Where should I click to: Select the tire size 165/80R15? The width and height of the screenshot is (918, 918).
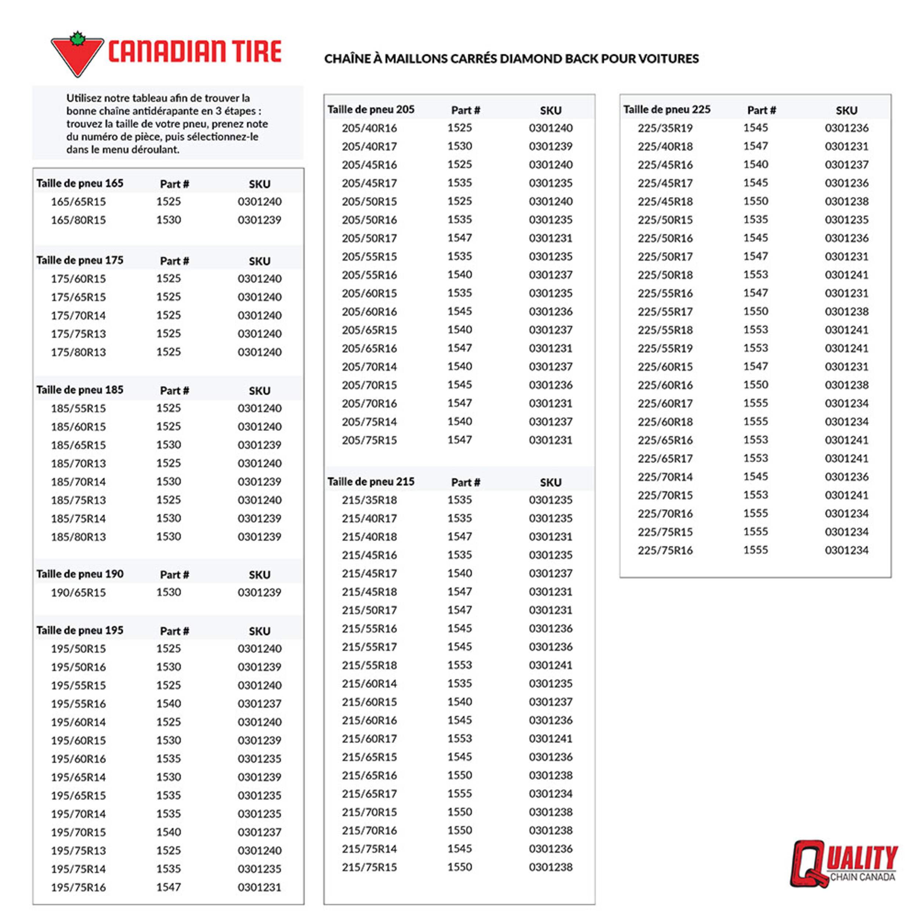[79, 220]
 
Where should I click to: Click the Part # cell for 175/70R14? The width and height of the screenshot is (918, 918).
[169, 315]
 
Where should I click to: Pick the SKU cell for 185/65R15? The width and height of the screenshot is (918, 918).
[260, 445]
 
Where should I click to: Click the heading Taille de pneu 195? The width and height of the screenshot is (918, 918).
[80, 630]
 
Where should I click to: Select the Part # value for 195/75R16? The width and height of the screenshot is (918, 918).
[169, 887]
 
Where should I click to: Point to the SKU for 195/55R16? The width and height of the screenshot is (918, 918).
[260, 704]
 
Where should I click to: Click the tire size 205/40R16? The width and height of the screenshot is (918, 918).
[369, 128]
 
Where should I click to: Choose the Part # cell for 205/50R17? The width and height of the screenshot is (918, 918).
[459, 238]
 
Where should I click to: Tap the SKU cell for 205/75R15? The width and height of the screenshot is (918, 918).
[551, 440]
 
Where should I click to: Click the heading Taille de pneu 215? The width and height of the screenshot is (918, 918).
[371, 482]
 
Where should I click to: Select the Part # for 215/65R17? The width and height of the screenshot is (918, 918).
[459, 794]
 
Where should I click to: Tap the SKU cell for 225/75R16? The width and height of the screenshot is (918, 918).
[846, 550]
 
